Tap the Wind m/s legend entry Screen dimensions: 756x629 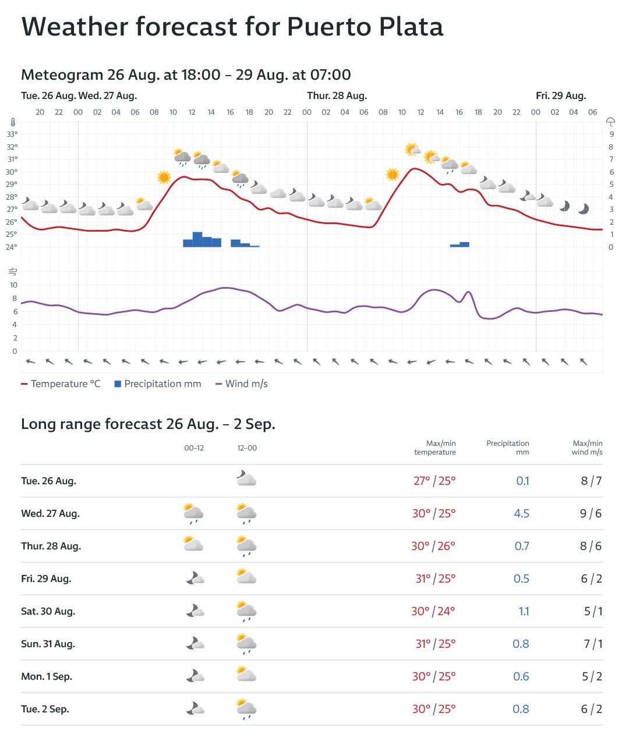tap(242, 384)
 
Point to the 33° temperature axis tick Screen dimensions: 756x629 tap(12, 134)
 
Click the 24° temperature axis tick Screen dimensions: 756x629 tap(12, 247)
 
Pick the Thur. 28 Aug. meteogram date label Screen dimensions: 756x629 tap(337, 96)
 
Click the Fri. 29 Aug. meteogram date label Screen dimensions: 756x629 tap(561, 96)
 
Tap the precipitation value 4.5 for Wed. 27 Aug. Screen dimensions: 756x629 tap(521, 513)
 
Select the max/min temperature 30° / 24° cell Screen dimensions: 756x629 tap(433, 611)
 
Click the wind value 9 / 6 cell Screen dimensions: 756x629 tap(591, 513)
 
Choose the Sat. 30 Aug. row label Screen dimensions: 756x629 tap(48, 611)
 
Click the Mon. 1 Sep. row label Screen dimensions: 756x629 tap(47, 676)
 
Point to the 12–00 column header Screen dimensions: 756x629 tap(247, 448)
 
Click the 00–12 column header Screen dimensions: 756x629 tap(194, 448)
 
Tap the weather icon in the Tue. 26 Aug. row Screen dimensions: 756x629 tap(246, 479)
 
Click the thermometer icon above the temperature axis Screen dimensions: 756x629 tap(13, 123)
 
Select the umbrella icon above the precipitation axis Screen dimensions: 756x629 tap(610, 122)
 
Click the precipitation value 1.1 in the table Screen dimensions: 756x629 tap(524, 611)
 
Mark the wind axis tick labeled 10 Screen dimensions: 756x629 tap(14, 285)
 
